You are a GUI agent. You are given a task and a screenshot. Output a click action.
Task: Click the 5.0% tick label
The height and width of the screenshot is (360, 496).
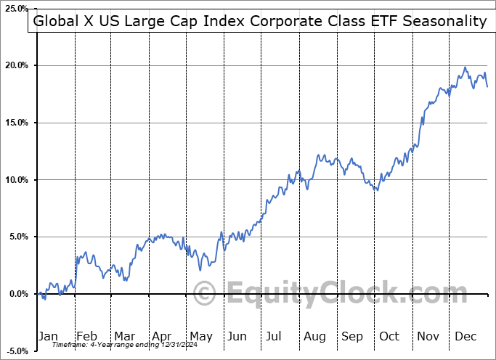[19, 237]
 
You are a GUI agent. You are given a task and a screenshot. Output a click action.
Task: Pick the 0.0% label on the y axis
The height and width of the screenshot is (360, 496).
[19, 294]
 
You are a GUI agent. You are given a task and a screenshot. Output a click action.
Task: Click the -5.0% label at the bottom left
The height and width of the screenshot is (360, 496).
[17, 351]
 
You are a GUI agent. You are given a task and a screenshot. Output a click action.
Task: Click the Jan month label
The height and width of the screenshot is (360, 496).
[47, 336]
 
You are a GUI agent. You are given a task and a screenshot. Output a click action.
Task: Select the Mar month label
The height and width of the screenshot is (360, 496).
[124, 336]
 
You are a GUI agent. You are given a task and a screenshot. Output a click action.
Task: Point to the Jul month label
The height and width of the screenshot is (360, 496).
[275, 336]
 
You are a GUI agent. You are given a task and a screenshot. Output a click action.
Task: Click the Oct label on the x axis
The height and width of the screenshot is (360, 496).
[389, 336]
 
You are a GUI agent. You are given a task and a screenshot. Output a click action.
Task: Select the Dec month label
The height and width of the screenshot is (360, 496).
[465, 336]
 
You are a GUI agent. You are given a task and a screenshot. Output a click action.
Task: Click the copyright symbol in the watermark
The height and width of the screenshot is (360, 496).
[206, 294]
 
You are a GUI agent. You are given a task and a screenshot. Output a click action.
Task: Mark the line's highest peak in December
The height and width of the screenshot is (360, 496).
[465, 67]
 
